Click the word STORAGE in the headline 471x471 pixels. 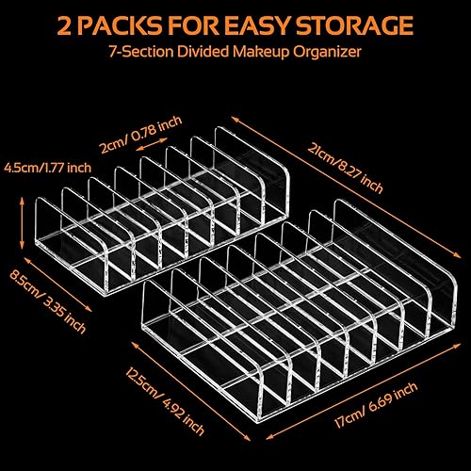pyautogui.click(x=354, y=24)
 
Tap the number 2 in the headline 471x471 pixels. pyautogui.click(x=65, y=25)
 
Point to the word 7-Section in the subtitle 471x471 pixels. pyautogui.click(x=141, y=52)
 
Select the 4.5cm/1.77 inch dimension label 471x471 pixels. pyautogui.click(x=47, y=168)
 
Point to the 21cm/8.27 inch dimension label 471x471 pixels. pyautogui.click(x=345, y=169)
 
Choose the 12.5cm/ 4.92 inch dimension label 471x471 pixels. pyautogui.click(x=165, y=400)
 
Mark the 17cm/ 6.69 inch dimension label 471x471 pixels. pyautogui.click(x=376, y=404)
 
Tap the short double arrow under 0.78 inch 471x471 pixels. pyautogui.click(x=153, y=143)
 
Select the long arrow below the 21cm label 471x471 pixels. pyautogui.click(x=347, y=187)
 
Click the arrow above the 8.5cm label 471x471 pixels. pyautogui.click(x=57, y=284)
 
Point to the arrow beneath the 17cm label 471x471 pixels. pyautogui.click(x=364, y=392)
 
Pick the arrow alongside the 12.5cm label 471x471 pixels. pyautogui.click(x=191, y=391)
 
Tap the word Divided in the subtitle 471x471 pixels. pyautogui.click(x=203, y=52)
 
